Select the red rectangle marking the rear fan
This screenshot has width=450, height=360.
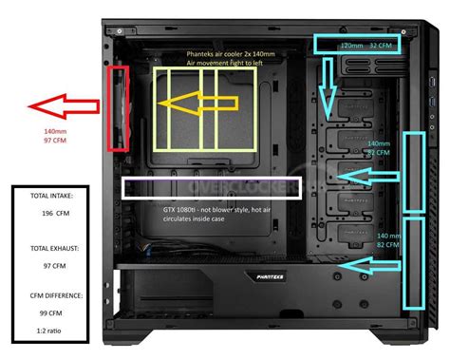point(119,108)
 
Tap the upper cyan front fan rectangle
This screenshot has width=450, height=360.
point(415,172)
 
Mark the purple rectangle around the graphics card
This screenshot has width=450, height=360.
point(212,186)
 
